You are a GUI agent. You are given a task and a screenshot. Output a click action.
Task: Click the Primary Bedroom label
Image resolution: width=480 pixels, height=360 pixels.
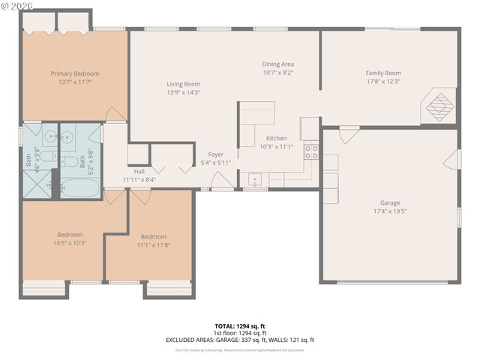pos(74,73)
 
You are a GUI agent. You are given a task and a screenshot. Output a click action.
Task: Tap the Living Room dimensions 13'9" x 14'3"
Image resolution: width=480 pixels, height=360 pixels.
pos(183,94)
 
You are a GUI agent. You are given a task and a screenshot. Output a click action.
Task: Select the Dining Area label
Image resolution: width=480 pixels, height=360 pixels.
pos(277,64)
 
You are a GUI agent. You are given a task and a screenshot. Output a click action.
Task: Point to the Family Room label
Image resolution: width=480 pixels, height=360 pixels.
pos(383,73)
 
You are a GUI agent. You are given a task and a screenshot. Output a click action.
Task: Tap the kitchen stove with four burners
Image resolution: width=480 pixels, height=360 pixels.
pos(311,153)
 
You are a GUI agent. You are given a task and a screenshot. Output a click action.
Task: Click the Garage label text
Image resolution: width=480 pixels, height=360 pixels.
pos(389,203)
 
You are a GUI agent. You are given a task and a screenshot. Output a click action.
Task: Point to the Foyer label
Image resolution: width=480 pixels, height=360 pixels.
pos(216,154)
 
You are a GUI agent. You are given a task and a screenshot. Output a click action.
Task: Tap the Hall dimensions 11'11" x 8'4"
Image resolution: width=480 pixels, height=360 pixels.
pos(140,179)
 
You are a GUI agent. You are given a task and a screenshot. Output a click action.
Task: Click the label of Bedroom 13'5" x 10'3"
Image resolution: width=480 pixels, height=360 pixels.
pos(70,235)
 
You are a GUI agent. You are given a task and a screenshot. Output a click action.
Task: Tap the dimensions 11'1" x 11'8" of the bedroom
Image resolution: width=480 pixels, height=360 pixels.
pos(153,244)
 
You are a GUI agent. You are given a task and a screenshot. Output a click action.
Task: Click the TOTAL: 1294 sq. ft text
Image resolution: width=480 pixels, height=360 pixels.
pos(239,325)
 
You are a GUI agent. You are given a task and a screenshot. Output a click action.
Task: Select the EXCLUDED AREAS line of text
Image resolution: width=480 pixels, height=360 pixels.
pos(239,340)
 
